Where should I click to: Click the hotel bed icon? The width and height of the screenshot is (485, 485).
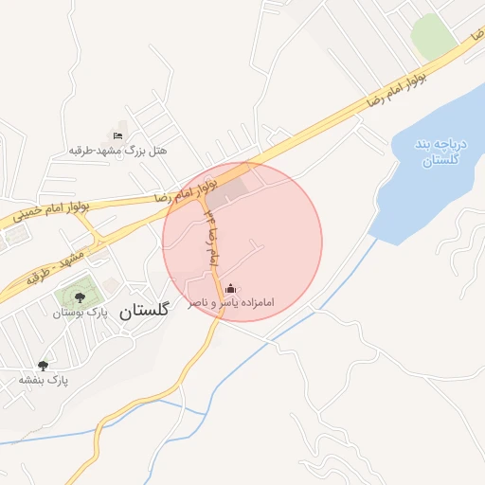(117, 135)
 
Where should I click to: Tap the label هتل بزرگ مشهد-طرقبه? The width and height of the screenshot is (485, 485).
(117, 151)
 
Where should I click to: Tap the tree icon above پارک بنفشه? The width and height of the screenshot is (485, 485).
(43, 365)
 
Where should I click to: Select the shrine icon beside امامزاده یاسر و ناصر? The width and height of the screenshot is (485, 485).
(233, 289)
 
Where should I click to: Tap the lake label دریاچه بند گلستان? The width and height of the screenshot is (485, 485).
(437, 152)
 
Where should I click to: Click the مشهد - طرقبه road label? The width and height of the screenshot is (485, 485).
(52, 264)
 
